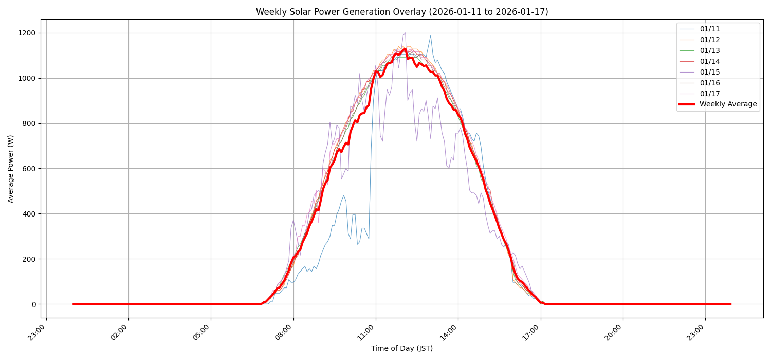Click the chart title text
point(402,12)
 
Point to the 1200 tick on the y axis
point(26,33)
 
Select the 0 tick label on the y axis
point(33,304)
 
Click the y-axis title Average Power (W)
point(11,169)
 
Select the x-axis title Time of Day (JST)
point(402,349)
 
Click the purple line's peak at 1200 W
point(405,33)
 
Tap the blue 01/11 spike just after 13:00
point(430,35)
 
